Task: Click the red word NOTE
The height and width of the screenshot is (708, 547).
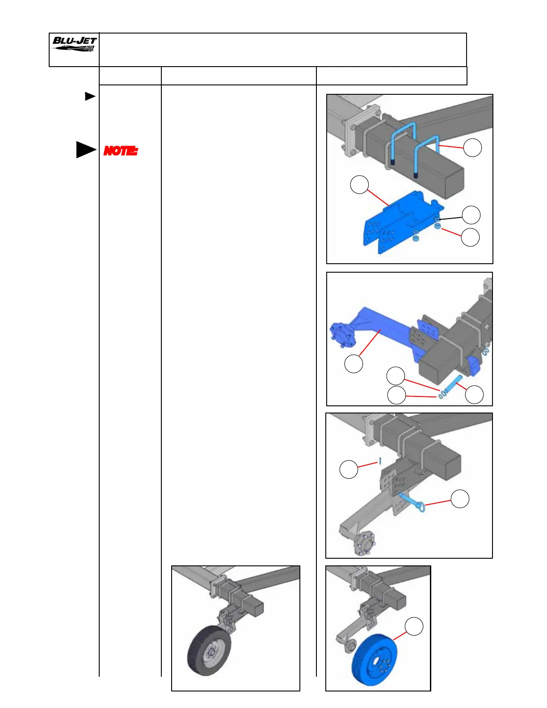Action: coord(120,151)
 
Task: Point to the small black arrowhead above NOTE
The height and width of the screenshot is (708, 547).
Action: coord(90,96)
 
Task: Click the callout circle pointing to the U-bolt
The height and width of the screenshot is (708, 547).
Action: coord(472,147)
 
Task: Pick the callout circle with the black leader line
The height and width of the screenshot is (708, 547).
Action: coord(471,215)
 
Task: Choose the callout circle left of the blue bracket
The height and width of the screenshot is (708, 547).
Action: coord(359,185)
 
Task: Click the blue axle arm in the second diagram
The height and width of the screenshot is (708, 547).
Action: coord(380,324)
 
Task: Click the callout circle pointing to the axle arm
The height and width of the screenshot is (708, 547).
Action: coord(353,364)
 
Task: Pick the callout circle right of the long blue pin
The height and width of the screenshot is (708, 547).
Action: coord(474,395)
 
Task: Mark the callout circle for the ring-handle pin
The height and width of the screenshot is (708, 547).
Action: coord(460,499)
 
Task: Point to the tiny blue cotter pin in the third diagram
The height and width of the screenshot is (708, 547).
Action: coord(380,461)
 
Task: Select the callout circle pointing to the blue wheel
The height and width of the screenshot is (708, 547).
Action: coord(414,627)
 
